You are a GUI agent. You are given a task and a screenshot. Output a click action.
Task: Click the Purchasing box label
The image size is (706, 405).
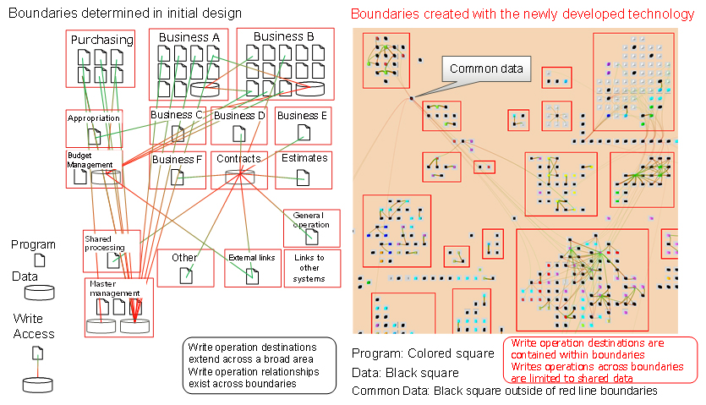coord(102,40)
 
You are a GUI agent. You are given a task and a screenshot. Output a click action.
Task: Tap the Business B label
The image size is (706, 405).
coord(284,36)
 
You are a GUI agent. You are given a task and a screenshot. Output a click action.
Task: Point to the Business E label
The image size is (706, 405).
coord(302,116)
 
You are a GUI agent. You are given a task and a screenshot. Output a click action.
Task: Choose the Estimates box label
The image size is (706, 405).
coord(304,158)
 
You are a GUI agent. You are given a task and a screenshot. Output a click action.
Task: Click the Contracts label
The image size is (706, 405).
coord(239,158)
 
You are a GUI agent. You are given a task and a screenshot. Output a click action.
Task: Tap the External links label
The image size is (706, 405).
coord(251,257)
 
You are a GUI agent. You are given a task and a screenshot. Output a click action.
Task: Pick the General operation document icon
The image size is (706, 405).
coord(311,235)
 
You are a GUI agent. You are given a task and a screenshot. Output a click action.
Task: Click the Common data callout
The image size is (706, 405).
coord(486,69)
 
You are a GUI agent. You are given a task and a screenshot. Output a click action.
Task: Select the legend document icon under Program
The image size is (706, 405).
coord(39,261)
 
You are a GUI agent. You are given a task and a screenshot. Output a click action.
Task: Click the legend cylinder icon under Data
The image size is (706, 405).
coord(39,293)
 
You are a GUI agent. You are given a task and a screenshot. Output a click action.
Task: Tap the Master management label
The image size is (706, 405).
coord(114,288)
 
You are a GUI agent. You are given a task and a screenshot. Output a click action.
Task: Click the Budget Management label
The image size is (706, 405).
coord(84,160)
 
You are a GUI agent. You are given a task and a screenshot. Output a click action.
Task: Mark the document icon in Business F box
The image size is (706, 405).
coord(178,177)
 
